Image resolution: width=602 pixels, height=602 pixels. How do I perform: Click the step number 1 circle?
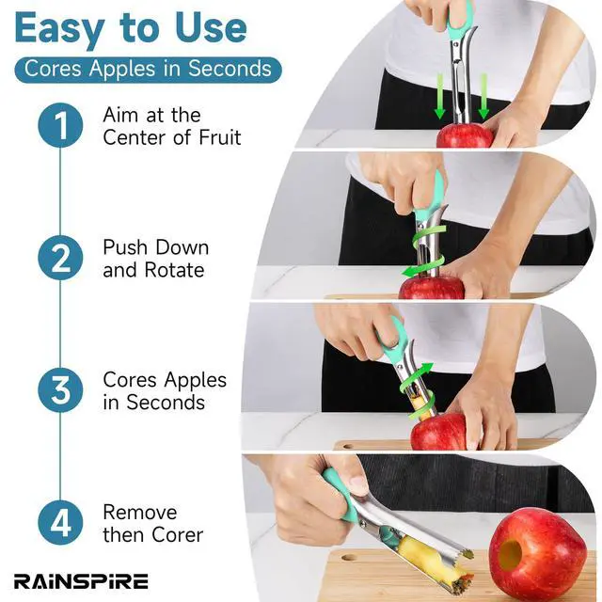60,125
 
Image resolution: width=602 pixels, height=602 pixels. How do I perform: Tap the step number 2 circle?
60,258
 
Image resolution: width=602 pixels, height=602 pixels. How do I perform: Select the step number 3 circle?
60,390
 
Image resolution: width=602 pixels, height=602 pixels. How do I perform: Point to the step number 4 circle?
60,523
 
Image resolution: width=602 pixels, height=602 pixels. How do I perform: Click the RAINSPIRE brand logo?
81,581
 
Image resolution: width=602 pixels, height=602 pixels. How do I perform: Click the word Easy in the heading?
59,29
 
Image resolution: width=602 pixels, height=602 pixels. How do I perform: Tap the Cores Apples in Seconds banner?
148,70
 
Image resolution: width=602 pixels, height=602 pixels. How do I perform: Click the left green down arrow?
440,96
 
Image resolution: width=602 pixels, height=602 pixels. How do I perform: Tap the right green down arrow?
483,96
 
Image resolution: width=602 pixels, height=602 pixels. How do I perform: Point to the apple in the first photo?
465,135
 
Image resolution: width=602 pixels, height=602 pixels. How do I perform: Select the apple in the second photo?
432,287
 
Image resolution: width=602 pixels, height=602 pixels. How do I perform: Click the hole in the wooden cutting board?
347,556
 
